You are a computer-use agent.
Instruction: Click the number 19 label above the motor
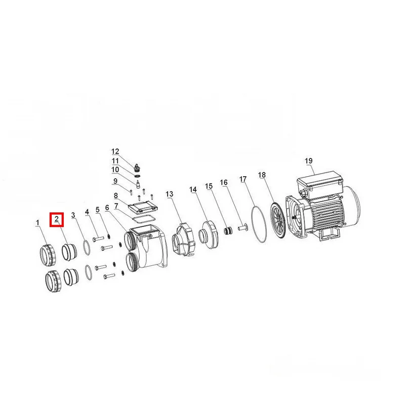[x=308, y=161]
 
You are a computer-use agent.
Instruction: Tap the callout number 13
[x=170, y=194]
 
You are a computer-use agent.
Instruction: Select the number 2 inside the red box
[x=57, y=220]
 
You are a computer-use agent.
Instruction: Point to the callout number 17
[x=243, y=179]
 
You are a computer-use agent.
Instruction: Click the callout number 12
[x=115, y=151]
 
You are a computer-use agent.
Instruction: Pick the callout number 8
[x=116, y=196]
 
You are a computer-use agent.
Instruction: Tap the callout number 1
[x=37, y=223]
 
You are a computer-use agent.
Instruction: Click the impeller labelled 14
[x=208, y=234]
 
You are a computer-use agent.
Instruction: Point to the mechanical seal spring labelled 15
[x=227, y=230]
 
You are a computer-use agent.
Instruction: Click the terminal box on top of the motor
[x=319, y=182]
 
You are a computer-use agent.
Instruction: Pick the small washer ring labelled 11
[x=138, y=176]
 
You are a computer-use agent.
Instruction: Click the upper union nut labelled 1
[x=48, y=254]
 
